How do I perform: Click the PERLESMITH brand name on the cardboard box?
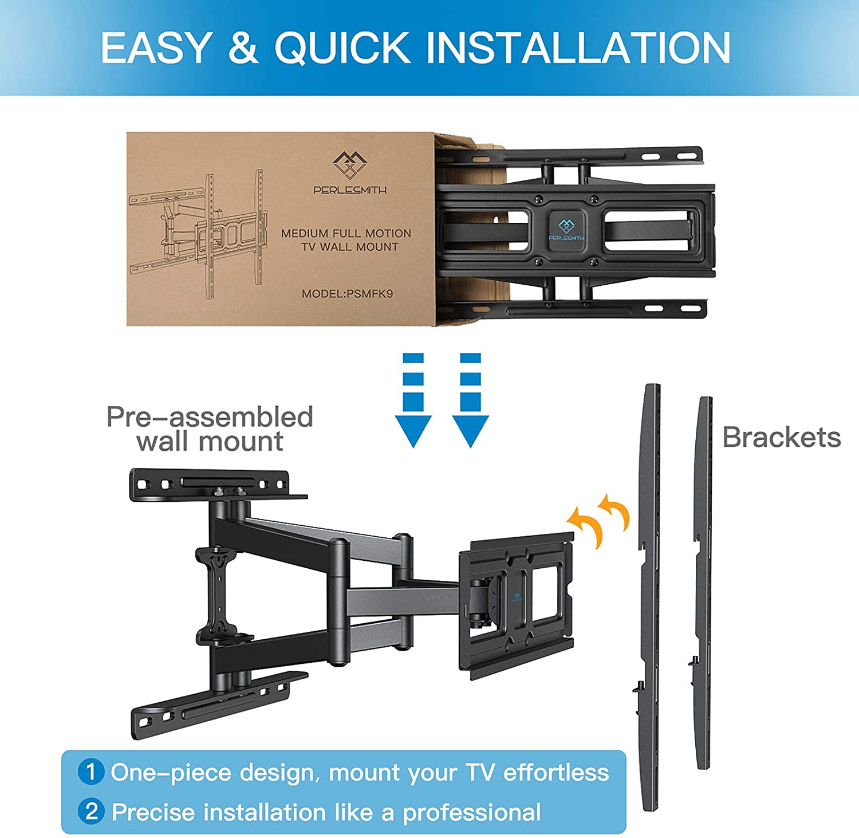tap(350, 190)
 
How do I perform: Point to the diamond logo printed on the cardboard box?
tap(349, 165)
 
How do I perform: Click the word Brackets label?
tap(781, 438)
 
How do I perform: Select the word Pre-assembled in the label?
tap(210, 416)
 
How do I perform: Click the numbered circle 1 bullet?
tap(91, 772)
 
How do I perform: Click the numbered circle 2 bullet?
tap(91, 811)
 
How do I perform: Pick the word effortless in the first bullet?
tap(556, 772)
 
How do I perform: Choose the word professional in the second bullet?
tap(472, 812)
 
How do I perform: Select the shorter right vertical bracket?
tap(704, 581)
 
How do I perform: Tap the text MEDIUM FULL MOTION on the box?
tap(346, 233)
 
